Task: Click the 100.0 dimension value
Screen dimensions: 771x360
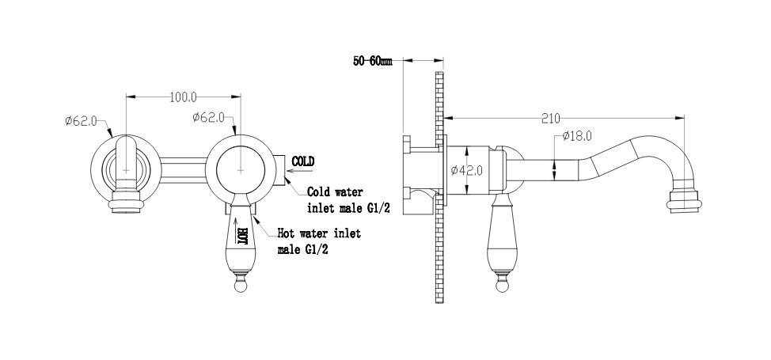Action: (x=183, y=97)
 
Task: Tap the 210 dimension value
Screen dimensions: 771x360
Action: (x=551, y=118)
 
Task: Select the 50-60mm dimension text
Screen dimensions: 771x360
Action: (x=373, y=62)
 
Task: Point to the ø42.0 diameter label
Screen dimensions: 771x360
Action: (x=466, y=170)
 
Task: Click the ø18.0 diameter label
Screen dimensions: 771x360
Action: (x=577, y=136)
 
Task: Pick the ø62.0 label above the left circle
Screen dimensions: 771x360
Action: (x=81, y=120)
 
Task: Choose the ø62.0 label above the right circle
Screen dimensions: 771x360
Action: (x=209, y=117)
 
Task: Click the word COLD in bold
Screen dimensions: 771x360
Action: (x=303, y=161)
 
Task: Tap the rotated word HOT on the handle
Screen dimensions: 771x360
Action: (x=242, y=236)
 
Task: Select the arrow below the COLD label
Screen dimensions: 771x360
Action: (x=300, y=171)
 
